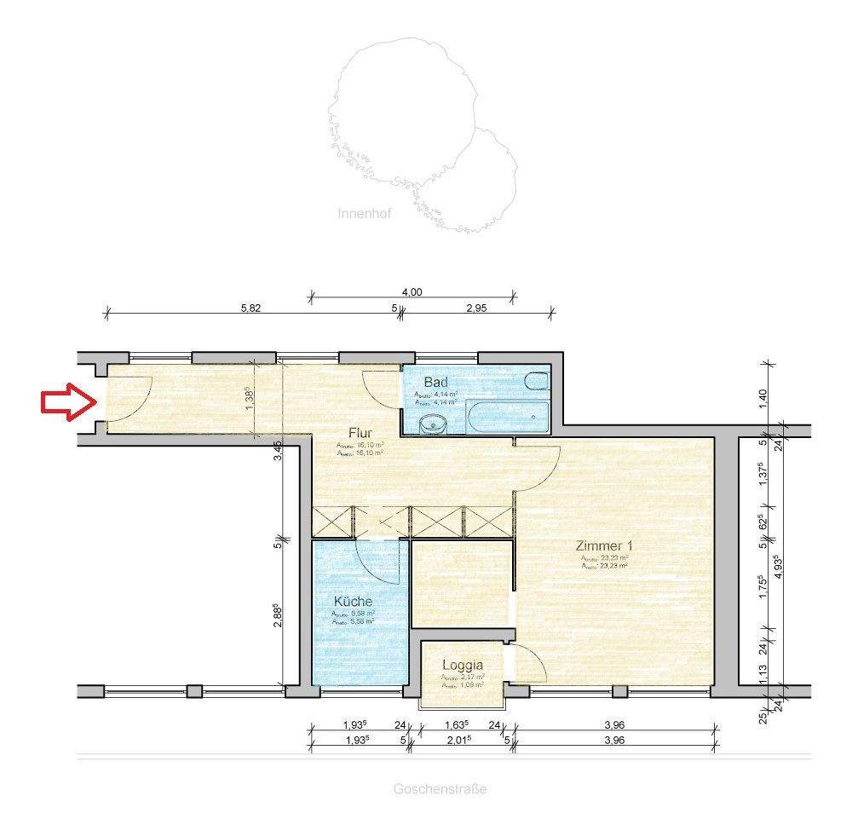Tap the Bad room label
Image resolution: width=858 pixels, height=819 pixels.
435,382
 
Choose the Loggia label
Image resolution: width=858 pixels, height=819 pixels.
463,666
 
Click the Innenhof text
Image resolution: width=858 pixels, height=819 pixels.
364,214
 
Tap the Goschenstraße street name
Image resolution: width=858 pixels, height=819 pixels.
440,789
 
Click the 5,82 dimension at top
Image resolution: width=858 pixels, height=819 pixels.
250,309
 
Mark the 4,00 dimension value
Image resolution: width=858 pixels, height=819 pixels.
412,291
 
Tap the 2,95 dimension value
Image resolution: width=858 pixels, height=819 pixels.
475,309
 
